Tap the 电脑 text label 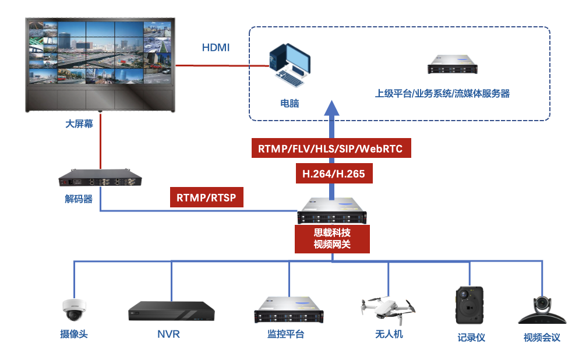click(x=290, y=104)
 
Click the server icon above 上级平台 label click(x=452, y=65)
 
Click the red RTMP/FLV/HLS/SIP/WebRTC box click(x=330, y=149)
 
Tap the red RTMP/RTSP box click(x=206, y=197)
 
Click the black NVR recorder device click(x=171, y=311)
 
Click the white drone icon click(x=388, y=308)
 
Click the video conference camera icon click(x=542, y=310)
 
